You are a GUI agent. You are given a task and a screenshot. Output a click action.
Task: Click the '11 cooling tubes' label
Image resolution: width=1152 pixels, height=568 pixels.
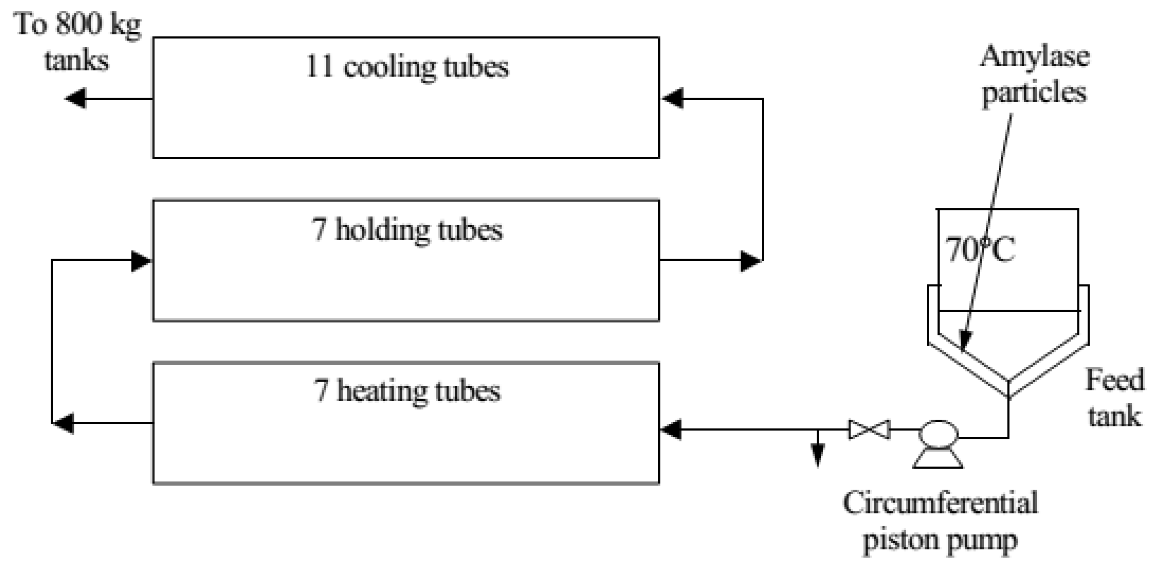point(407,67)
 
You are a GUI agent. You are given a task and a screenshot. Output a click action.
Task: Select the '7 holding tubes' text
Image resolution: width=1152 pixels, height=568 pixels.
point(407,230)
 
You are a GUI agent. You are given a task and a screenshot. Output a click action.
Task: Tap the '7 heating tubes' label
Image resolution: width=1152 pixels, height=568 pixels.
point(407,391)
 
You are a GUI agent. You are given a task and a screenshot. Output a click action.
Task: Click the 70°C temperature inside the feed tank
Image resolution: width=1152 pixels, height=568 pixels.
point(979,249)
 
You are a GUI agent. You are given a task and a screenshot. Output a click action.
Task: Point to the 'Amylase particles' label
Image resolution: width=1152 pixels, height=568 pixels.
point(1034,74)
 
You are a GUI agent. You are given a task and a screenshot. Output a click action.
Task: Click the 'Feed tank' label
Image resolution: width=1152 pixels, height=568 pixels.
point(1114,397)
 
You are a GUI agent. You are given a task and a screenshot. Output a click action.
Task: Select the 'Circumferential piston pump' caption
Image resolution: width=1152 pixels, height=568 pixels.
point(940,521)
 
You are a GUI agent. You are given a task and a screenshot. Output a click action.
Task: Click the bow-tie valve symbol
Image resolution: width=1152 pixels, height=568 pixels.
point(869,430)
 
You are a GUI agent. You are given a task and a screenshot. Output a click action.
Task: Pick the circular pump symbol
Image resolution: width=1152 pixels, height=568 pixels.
point(938,433)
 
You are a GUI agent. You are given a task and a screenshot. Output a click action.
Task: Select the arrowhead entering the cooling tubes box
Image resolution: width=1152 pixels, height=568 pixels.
point(672,98)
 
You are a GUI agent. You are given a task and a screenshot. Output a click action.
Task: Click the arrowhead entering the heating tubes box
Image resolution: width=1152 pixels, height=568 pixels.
point(671,430)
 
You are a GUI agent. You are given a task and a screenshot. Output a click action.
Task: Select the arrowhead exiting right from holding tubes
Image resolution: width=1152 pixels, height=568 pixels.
point(750,260)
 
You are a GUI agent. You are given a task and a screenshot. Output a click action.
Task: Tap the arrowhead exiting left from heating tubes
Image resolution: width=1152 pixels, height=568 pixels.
point(64,423)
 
